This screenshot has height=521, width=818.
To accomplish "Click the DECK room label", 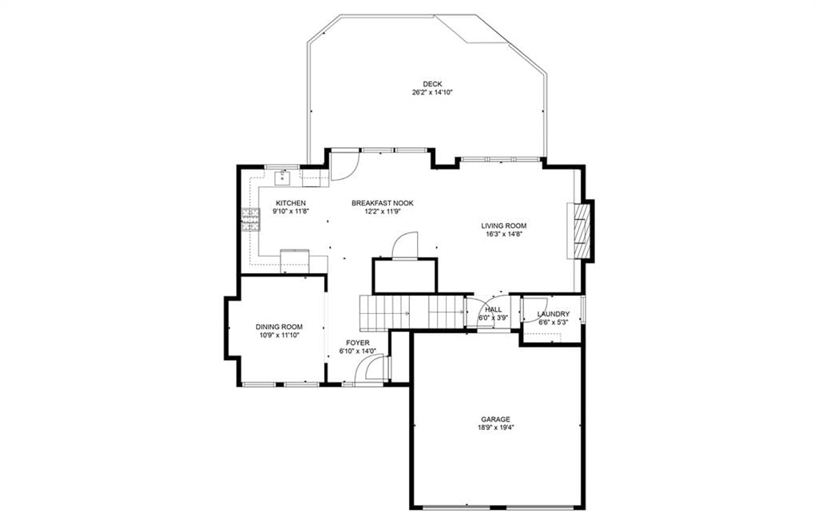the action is click(432, 84).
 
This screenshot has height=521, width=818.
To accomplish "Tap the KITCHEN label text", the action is click(291, 203).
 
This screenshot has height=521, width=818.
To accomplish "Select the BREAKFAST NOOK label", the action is click(383, 203).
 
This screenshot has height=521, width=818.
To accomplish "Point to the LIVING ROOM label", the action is click(503, 226).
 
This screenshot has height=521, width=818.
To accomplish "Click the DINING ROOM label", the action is click(279, 327).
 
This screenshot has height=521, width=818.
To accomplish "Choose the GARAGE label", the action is click(495, 420).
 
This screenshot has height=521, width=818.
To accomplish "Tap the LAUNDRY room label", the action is click(554, 314).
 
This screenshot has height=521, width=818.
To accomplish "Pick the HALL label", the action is click(493, 309).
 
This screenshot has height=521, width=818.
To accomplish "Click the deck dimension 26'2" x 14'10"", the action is click(432, 93).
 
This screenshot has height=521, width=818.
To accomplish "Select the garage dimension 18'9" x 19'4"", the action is click(495, 428).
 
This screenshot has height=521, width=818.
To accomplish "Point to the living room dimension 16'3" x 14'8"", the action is click(503, 234).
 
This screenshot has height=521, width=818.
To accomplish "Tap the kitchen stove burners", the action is click(251, 219).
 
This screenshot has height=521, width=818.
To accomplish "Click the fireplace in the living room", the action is click(581, 230).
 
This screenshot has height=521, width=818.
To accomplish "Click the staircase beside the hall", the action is click(411, 312).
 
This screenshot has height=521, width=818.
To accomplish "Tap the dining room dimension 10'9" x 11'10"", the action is click(279, 335).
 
